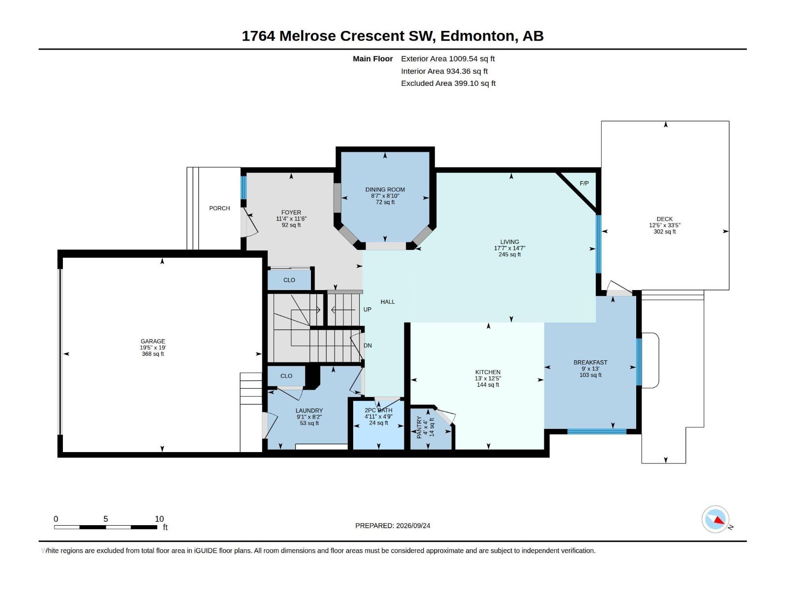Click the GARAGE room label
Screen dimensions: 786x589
153,341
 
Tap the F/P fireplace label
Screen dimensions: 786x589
584,184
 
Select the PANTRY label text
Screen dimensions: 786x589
419,427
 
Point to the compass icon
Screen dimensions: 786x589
715,519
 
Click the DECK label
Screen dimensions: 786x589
665,219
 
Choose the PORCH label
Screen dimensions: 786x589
220,208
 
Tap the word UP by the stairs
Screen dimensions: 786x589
367,309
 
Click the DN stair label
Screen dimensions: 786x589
368,346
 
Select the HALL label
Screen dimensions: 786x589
388,302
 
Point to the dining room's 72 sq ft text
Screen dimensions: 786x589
385,202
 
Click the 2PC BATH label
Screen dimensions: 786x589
378,410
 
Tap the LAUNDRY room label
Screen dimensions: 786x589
309,410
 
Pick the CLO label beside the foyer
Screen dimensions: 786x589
289,280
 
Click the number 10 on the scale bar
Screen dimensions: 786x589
159,519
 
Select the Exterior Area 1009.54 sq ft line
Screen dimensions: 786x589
448,58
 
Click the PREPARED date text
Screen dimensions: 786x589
393,526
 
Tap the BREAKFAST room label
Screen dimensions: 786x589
590,362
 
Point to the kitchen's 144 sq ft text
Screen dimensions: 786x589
488,385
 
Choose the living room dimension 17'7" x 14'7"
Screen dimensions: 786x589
509,248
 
